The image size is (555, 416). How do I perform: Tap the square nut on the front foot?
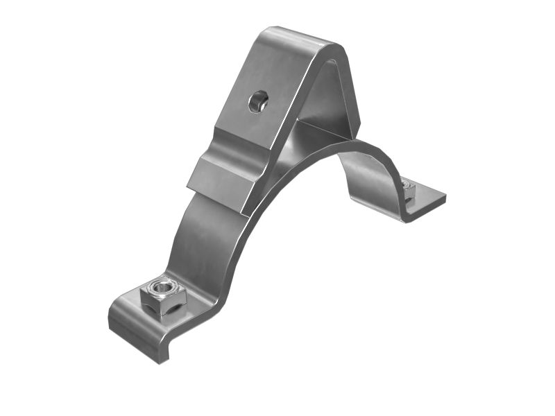tap(162, 295)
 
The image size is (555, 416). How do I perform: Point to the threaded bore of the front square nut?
tap(163, 285)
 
